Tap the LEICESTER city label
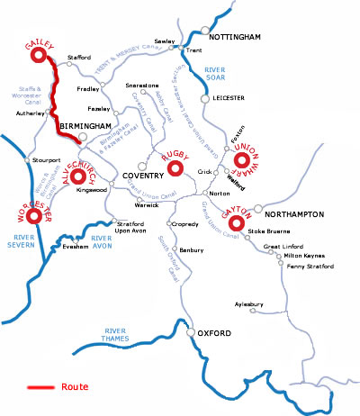229,98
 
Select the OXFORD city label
215,335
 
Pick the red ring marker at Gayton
238,222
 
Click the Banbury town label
192,249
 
